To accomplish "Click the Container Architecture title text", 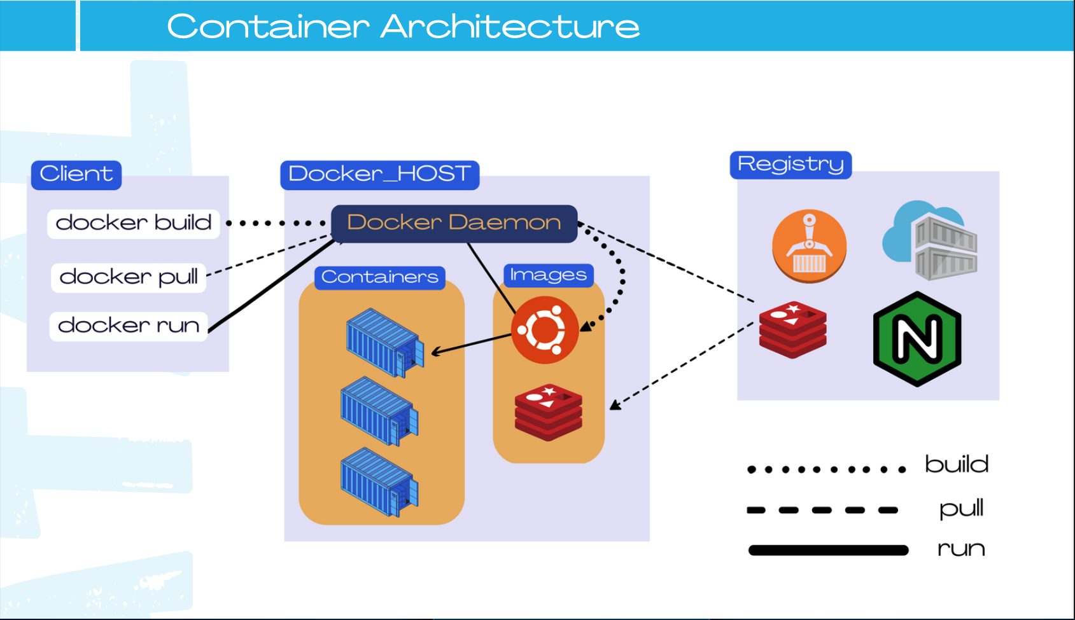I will [x=403, y=27].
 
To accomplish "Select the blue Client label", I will [x=76, y=174].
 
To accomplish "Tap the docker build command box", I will [x=134, y=223].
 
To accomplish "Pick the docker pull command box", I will [x=129, y=277].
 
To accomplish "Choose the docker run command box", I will [x=129, y=326].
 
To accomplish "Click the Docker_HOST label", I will [x=379, y=174].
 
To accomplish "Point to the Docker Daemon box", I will [x=454, y=223].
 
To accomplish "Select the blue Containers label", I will [x=380, y=277].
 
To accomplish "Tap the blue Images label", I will [x=548, y=275].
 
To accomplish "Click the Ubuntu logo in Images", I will [x=545, y=330].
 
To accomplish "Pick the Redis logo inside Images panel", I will [x=548, y=412].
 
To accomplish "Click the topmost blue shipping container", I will [x=384, y=342].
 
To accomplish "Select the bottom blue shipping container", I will [x=379, y=481].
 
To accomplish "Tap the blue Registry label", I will [x=790, y=165].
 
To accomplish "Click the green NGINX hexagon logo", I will [x=917, y=339].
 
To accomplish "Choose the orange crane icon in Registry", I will [x=809, y=246].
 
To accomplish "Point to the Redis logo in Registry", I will [x=792, y=329].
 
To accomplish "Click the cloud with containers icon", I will [x=931, y=240].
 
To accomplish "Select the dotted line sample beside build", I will [x=826, y=469].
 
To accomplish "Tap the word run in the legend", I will [x=961, y=549].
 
